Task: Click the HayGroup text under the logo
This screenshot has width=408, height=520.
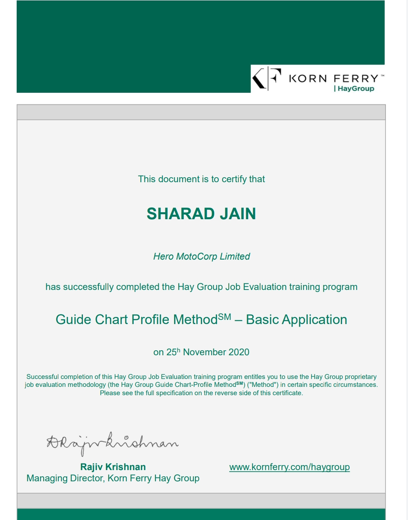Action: coord(355,89)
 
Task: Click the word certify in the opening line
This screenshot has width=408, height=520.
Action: coord(235,179)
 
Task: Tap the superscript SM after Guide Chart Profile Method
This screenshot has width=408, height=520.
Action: coord(224,317)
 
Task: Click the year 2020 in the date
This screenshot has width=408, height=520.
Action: coord(239,352)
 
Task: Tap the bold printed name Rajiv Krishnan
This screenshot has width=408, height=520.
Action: coord(113,467)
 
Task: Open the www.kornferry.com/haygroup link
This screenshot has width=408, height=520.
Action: coord(289,467)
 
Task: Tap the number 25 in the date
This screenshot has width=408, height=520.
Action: coord(171,352)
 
